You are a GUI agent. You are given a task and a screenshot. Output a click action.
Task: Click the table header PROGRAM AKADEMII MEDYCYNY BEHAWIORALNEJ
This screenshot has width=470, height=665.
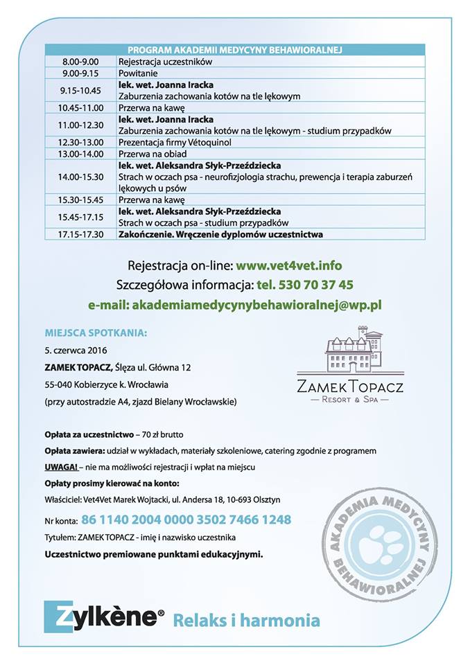click(235, 50)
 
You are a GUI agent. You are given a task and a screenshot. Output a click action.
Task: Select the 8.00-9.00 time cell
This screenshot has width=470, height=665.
click(81, 61)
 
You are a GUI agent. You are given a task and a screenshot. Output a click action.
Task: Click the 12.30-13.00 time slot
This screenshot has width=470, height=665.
click(81, 142)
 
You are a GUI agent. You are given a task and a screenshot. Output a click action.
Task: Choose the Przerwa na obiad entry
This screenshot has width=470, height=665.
click(150, 154)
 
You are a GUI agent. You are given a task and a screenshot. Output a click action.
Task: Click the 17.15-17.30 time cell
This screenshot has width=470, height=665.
click(81, 234)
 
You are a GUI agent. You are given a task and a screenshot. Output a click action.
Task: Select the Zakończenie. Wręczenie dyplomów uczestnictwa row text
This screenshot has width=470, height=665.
click(220, 234)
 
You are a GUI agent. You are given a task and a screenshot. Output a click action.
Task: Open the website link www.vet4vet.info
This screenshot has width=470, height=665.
click(288, 265)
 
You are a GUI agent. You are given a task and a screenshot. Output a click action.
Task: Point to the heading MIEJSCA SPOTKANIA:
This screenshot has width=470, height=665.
click(96, 332)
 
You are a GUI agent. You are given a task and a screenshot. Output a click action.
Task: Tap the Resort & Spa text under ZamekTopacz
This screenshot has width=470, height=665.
click(349, 399)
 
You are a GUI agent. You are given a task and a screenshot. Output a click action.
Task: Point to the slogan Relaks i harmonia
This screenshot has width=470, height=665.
click(246, 619)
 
